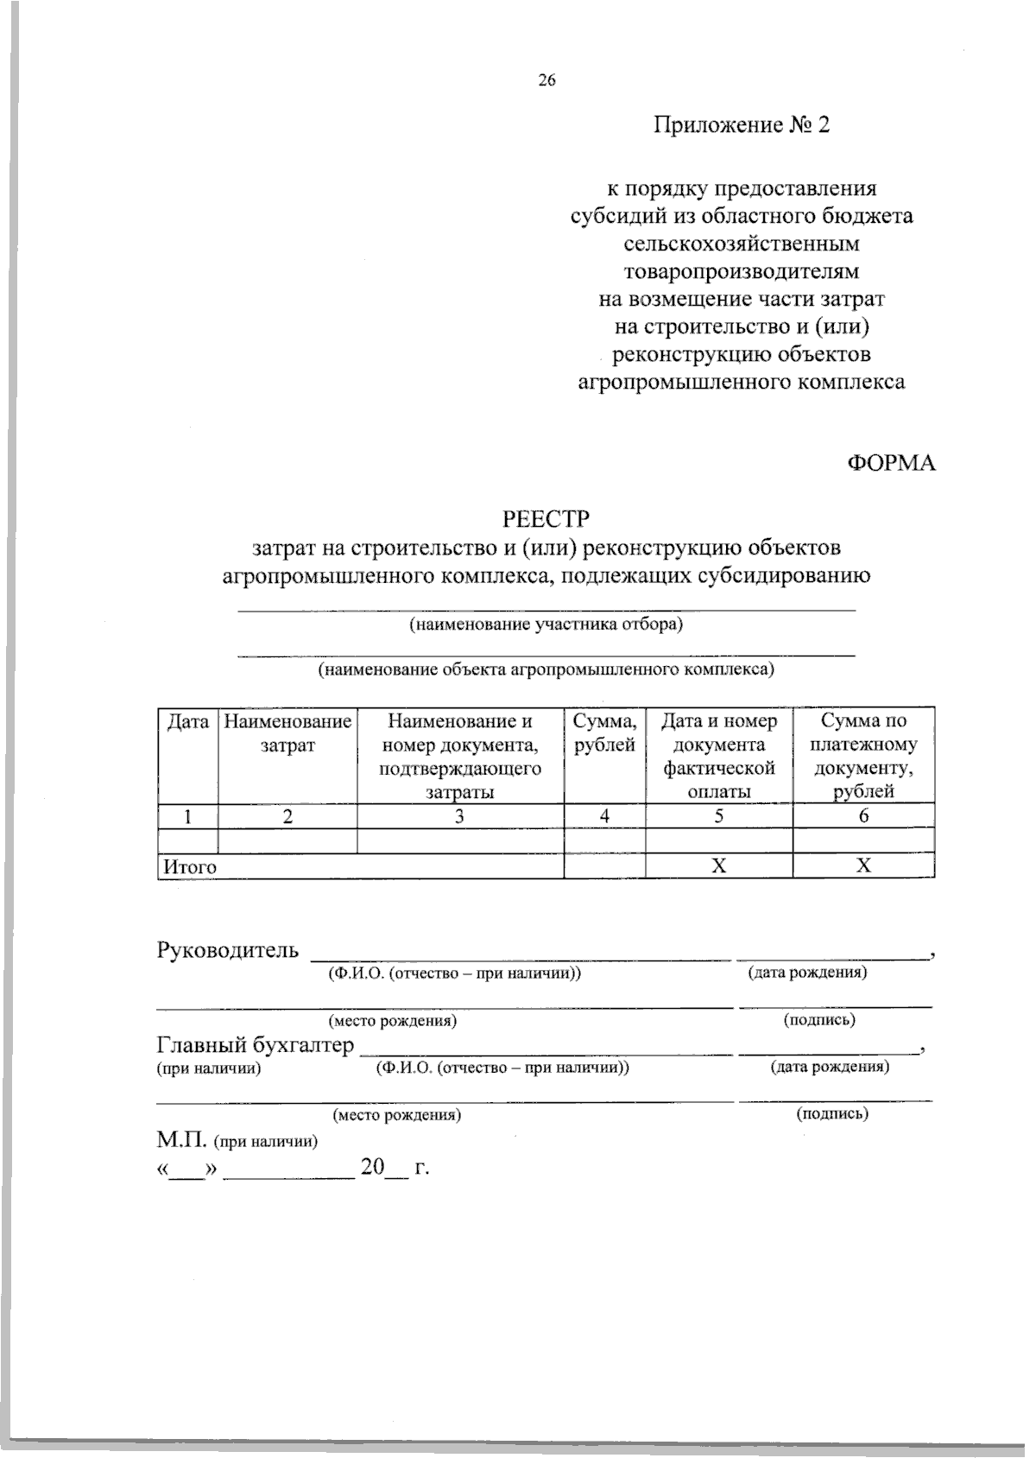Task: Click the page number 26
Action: [546, 81]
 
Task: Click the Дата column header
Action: [187, 721]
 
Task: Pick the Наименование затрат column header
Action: [287, 732]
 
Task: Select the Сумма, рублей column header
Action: [604, 732]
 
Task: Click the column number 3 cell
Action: [460, 816]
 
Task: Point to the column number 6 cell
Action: [863, 816]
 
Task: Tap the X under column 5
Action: [718, 866]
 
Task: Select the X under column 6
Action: [863, 866]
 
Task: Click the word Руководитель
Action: [228, 951]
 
